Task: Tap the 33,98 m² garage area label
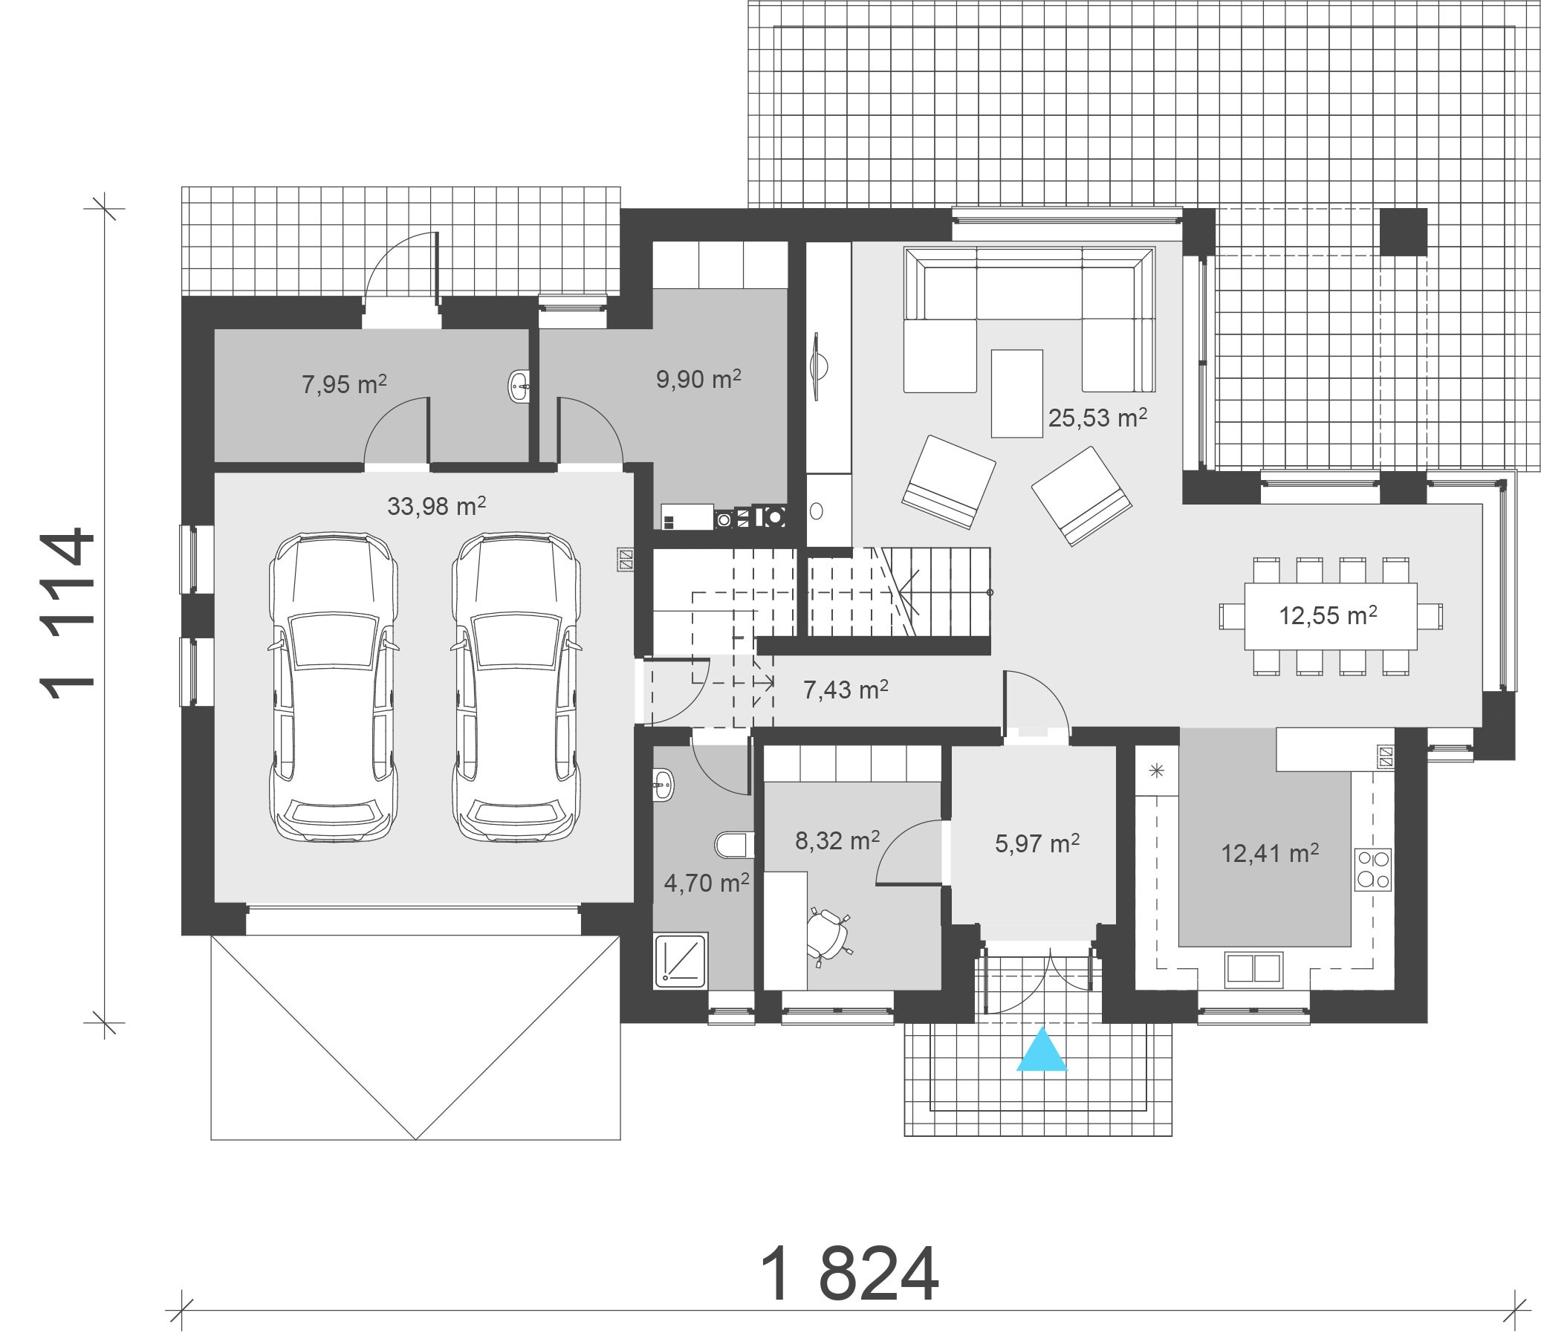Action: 436,507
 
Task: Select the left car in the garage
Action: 333,688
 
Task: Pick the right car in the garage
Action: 516,688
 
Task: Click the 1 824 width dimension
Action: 849,1275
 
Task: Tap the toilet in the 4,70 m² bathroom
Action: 733,845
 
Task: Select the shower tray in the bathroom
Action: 680,960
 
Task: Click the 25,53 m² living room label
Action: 1097,418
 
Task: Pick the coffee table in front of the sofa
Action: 1016,393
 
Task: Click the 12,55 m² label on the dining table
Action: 1327,616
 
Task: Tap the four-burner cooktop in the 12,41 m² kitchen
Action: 1373,869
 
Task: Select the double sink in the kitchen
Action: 1253,970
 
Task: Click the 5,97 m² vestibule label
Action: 1036,843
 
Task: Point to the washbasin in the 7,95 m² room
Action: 519,386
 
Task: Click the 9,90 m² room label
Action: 698,379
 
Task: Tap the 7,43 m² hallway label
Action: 845,689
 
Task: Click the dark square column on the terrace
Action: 1403,232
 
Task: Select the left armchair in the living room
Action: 949,482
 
